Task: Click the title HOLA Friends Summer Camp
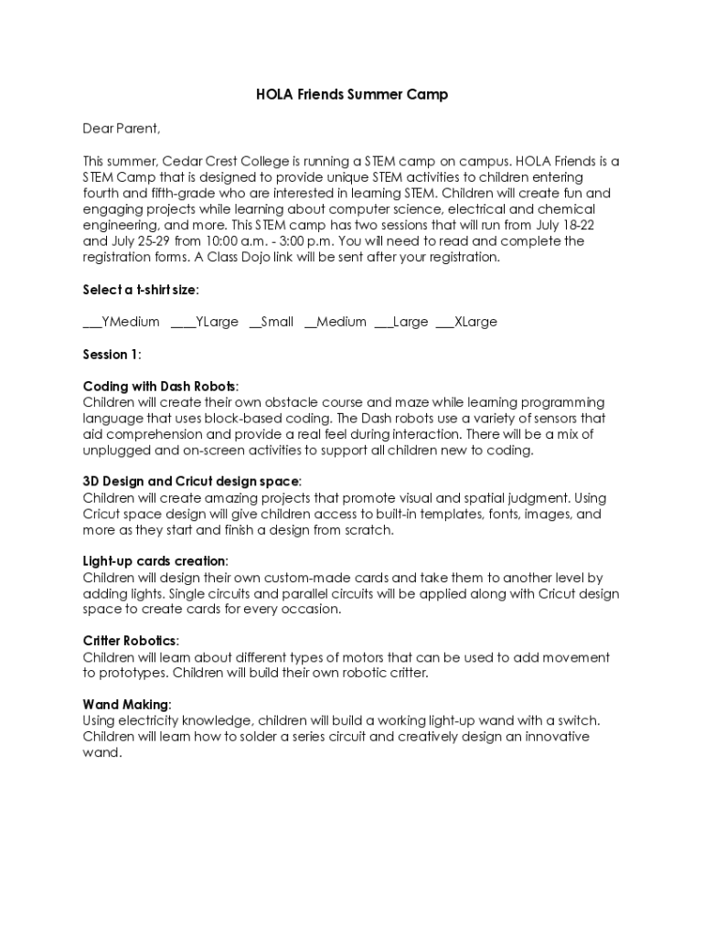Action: [x=352, y=95]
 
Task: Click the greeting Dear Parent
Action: [x=122, y=128]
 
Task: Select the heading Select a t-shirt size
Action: [x=141, y=290]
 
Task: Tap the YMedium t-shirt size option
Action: [x=122, y=322]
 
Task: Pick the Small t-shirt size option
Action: [x=272, y=322]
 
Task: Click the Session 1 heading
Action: [x=112, y=354]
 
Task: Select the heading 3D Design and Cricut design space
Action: [x=192, y=482]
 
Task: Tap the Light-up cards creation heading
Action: [x=155, y=561]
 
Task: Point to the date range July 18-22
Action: [x=586, y=225]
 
